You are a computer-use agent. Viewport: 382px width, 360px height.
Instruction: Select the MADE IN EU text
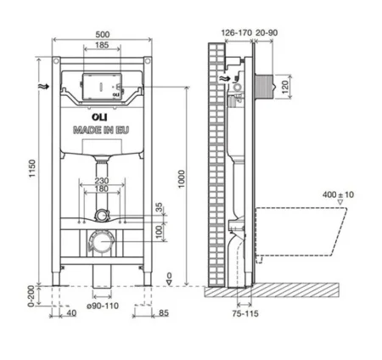pyautogui.click(x=101, y=130)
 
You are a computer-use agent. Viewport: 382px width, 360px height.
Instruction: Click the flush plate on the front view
pyautogui.click(x=101, y=88)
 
